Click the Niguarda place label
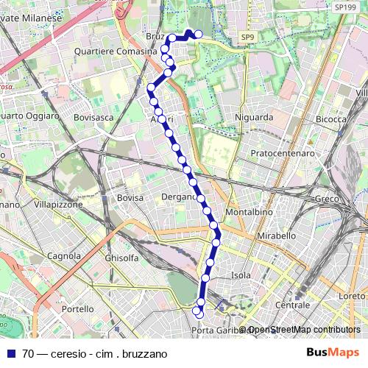click(254, 117)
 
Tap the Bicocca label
click(330, 118)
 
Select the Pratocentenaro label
click(283, 153)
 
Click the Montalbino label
click(249, 211)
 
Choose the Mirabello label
click(276, 236)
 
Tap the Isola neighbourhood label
click(241, 275)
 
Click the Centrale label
click(292, 305)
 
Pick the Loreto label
click(352, 296)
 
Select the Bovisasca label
click(94, 117)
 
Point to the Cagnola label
click(63, 256)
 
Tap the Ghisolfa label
click(121, 258)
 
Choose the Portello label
click(77, 309)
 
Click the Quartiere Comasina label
click(116, 52)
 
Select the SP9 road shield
click(247, 36)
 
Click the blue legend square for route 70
click(11, 353)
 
